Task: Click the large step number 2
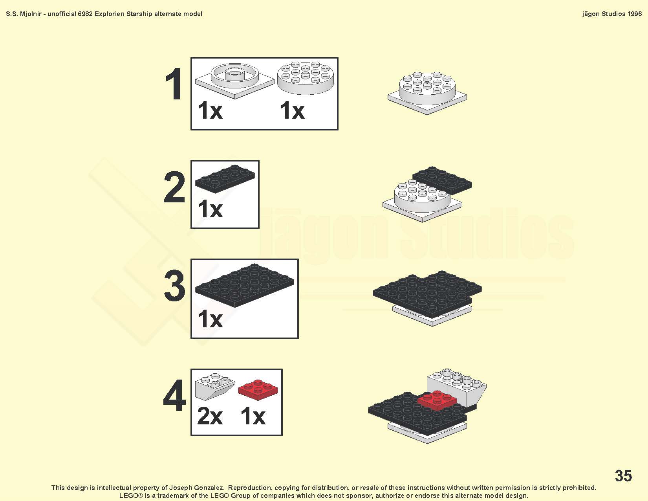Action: tap(174, 187)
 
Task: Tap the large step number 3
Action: tap(175, 285)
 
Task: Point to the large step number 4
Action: tap(174, 395)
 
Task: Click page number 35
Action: tap(623, 475)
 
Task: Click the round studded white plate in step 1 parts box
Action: tap(306, 78)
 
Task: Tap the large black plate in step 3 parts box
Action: tap(245, 285)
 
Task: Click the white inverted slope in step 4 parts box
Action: tap(215, 386)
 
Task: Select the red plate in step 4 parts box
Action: tap(258, 390)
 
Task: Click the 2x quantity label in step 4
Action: tap(210, 417)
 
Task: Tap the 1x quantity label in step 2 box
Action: tap(210, 209)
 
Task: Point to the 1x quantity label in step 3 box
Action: tap(210, 319)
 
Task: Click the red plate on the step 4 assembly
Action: tap(437, 400)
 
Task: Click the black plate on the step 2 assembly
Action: tap(442, 180)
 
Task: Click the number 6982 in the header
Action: tap(85, 14)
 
